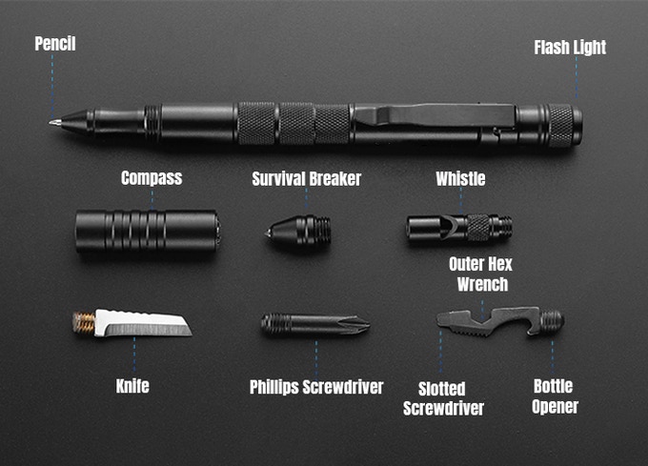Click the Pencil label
coord(54,44)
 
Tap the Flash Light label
coord(569,48)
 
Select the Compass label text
coord(152,178)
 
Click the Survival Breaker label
coord(308,178)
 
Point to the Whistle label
coord(460,178)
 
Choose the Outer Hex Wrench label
coord(481,274)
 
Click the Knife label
coord(132,387)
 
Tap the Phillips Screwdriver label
coord(316,387)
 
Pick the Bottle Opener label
coord(554,396)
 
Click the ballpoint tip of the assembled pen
coord(52,122)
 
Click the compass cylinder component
coord(148,230)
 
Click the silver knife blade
coord(143,324)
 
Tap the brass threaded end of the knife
coord(84,323)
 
